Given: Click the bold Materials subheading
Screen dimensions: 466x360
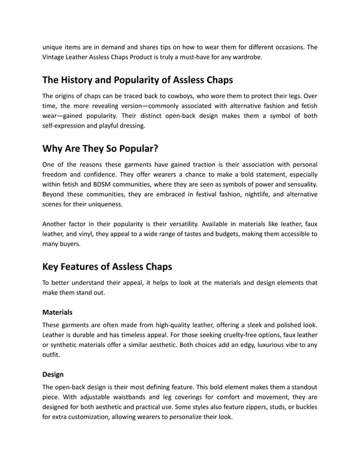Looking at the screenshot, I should tap(58, 311).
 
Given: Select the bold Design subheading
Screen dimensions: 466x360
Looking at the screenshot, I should tap(53, 373).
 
